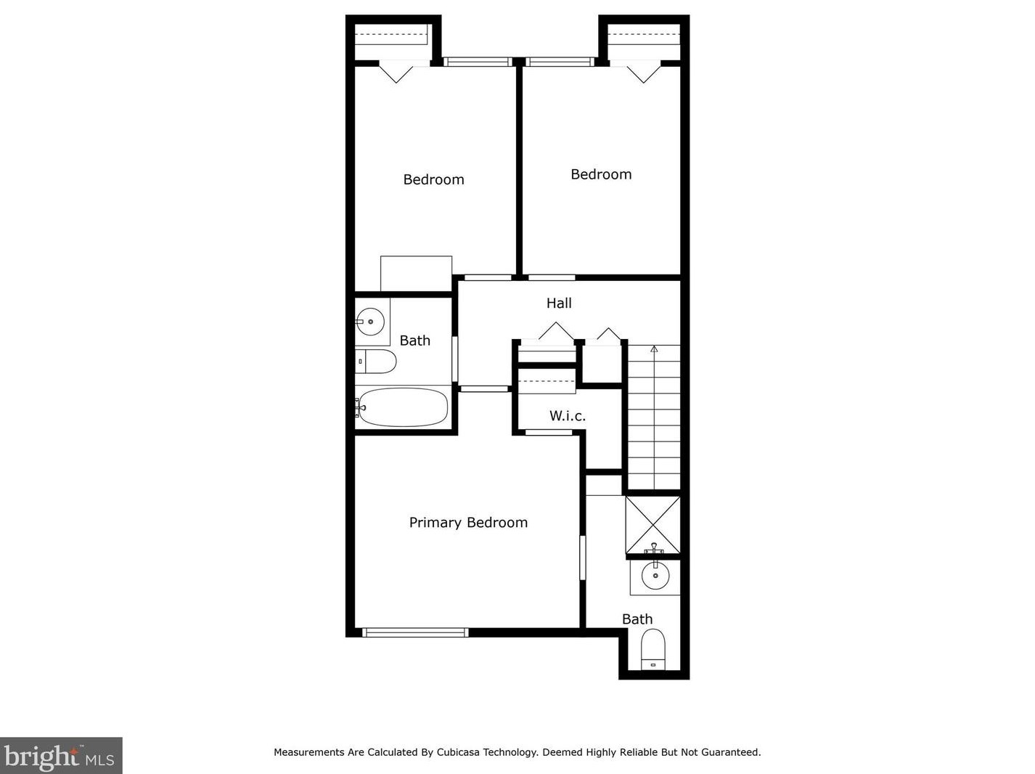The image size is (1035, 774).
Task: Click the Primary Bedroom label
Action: coord(467,523)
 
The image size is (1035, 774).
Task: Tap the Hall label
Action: coord(559,303)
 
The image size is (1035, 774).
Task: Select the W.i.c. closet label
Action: coord(568,415)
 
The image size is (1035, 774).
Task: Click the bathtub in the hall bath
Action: coord(401,407)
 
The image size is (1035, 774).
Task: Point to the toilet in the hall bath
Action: coord(375,362)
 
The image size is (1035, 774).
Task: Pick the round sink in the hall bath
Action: coord(370,322)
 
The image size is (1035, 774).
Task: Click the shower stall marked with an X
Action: coord(652,525)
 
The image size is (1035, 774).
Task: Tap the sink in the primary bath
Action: coord(655,576)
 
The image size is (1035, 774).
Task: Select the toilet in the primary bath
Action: coord(653,649)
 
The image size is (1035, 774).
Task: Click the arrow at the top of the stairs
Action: coord(654,349)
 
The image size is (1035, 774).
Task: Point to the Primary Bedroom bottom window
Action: coord(415,632)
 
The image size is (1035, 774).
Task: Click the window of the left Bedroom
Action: coord(478,61)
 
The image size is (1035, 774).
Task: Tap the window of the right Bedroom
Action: coord(558,61)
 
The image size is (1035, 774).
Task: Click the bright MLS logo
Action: coord(61,756)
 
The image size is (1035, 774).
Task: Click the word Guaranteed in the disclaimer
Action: coord(730,752)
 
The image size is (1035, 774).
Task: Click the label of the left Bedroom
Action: coord(433,179)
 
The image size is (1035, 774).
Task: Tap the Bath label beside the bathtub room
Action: coord(414,341)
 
